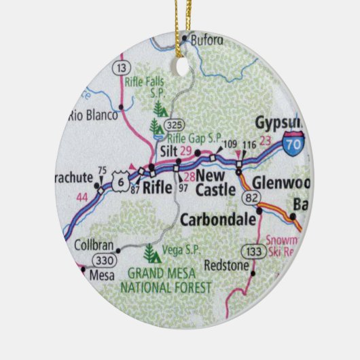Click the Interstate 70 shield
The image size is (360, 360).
pyautogui.click(x=294, y=145)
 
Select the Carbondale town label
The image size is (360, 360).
pyautogui.click(x=217, y=219)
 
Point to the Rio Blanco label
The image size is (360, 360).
pyautogui.click(x=92, y=115)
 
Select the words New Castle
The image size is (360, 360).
pyautogui.click(x=215, y=183)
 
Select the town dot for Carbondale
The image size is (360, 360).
pyautogui.click(x=259, y=219)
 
